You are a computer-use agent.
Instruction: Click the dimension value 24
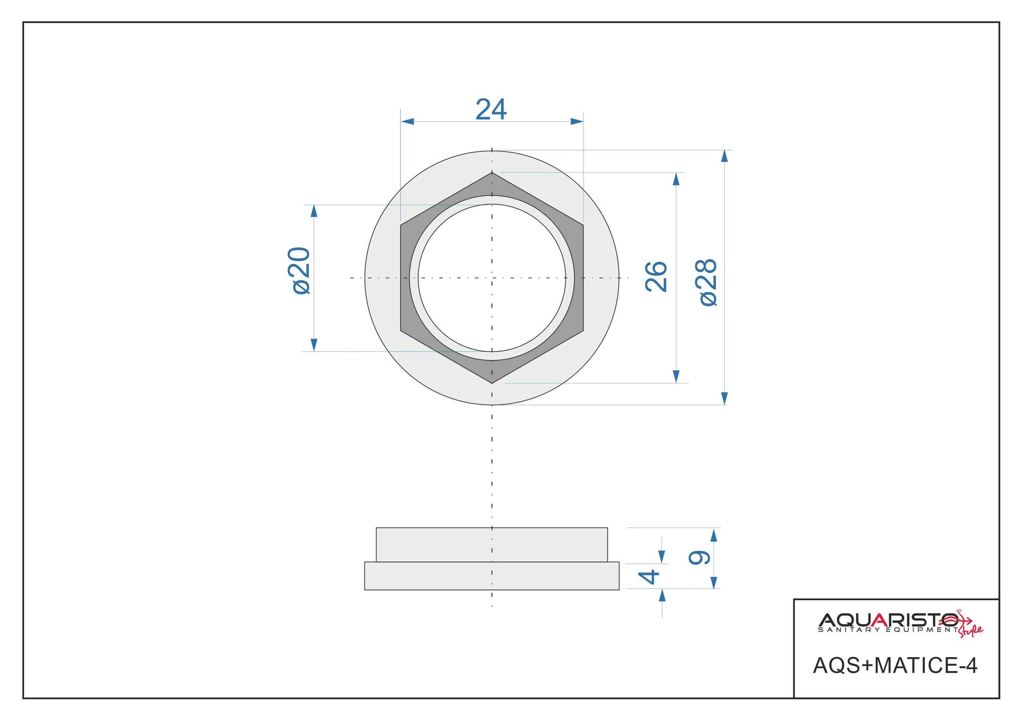[x=491, y=109]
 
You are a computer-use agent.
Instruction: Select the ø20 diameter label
[x=299, y=270]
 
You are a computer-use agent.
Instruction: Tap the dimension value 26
[x=656, y=277]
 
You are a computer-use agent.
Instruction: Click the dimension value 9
[x=700, y=558]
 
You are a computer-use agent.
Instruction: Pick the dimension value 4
[x=649, y=577]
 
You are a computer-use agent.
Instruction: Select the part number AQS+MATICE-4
[x=895, y=665]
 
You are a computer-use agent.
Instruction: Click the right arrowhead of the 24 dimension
[x=577, y=121]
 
